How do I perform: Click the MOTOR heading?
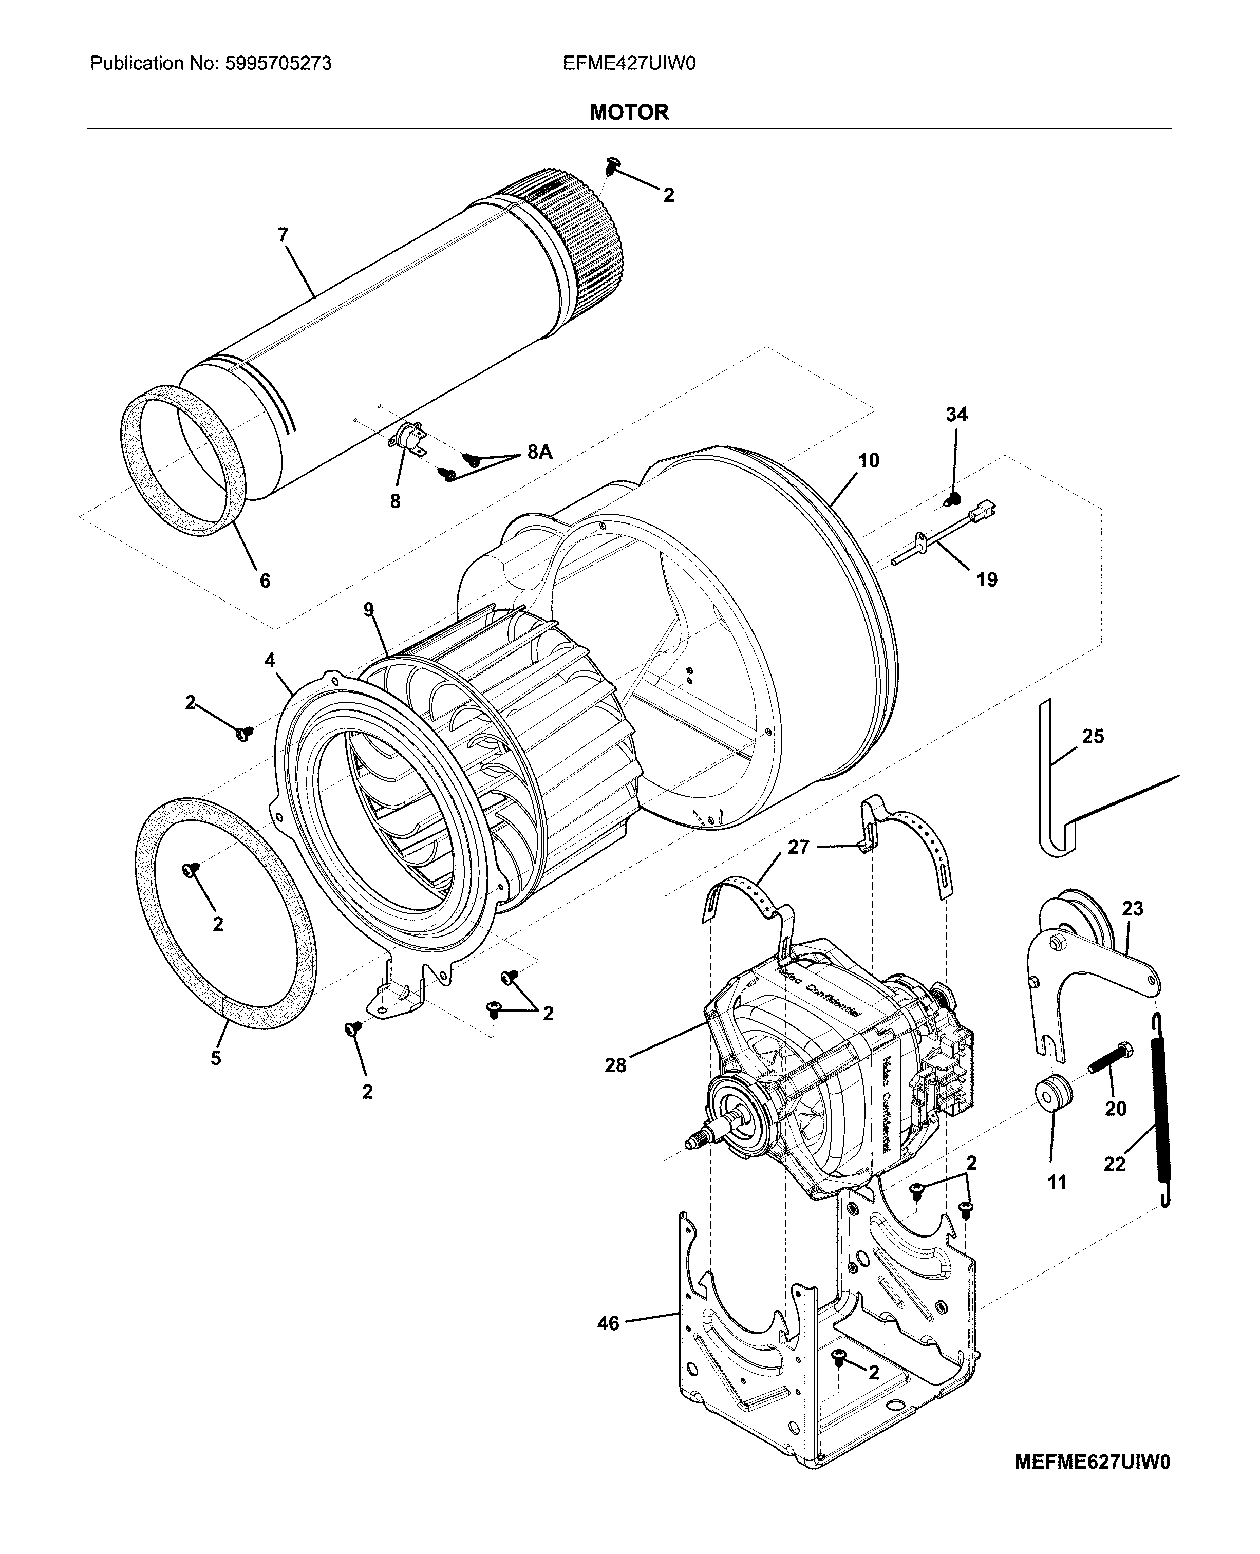coord(629,113)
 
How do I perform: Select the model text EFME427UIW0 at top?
coord(629,64)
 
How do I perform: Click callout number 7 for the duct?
coord(283,235)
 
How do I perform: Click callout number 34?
coord(956,415)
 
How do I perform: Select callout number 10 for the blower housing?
coord(868,460)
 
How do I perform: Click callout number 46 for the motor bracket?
coord(608,1323)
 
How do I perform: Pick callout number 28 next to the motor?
coord(615,1065)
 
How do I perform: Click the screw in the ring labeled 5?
coord(192,869)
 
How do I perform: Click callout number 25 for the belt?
coord(1093,737)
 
